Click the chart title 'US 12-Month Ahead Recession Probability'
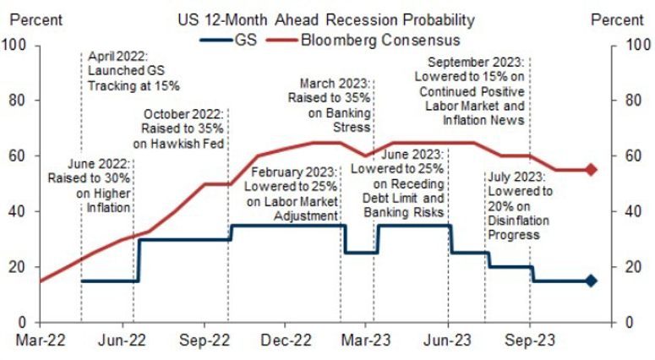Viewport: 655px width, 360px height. [325, 19]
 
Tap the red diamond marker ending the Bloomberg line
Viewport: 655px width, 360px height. [591, 170]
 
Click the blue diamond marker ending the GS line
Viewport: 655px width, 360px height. [591, 281]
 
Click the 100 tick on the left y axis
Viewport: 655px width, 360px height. [16, 45]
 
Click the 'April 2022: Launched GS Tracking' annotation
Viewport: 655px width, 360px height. [134, 71]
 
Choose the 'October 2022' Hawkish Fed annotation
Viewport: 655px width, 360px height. [183, 129]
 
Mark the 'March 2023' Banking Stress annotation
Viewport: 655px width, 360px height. [336, 104]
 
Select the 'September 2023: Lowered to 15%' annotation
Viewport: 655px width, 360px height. [476, 91]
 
